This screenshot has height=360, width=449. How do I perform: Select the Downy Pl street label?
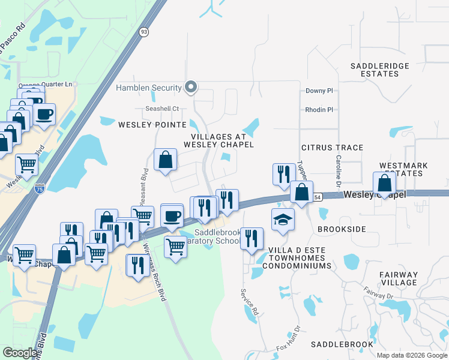click(x=319, y=91)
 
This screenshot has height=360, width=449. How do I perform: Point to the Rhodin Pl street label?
click(x=319, y=110)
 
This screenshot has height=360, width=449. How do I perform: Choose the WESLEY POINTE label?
click(x=152, y=125)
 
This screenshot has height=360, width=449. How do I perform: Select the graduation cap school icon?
click(x=283, y=220)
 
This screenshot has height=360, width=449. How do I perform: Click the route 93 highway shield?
click(x=143, y=32)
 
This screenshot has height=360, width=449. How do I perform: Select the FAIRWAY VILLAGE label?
click(x=399, y=278)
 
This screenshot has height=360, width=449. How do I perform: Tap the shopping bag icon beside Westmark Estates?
click(x=384, y=184)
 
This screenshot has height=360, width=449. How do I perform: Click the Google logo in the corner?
click(x=20, y=353)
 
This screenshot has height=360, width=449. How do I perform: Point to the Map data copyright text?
click(x=411, y=355)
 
